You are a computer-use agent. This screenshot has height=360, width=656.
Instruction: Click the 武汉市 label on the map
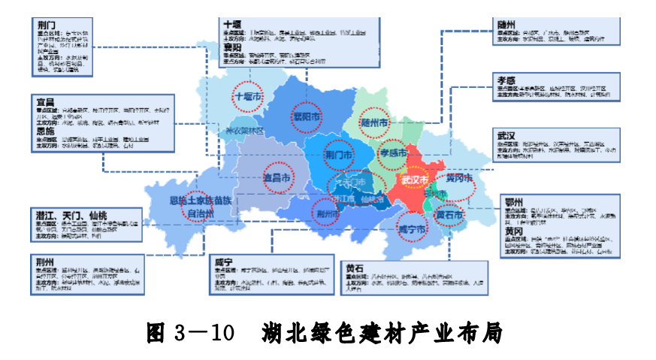tap(414, 180)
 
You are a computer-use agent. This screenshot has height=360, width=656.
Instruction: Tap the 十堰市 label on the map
tap(248, 97)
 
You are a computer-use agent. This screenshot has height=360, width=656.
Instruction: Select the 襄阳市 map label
tap(307, 117)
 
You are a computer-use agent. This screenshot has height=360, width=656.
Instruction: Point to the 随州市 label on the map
tap(374, 122)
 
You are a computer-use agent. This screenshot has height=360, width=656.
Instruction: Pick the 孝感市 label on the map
tap(393, 153)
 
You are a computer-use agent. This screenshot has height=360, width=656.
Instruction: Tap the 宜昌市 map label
tap(277, 177)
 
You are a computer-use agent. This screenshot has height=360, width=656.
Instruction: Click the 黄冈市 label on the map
tap(460, 180)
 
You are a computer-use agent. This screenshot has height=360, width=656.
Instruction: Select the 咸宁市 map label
tap(413, 228)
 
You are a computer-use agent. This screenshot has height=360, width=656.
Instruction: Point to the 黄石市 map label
tap(450, 216)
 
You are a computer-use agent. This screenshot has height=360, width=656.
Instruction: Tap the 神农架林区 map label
tap(245, 131)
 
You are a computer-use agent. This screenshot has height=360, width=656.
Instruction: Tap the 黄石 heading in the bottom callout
tap(355, 267)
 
